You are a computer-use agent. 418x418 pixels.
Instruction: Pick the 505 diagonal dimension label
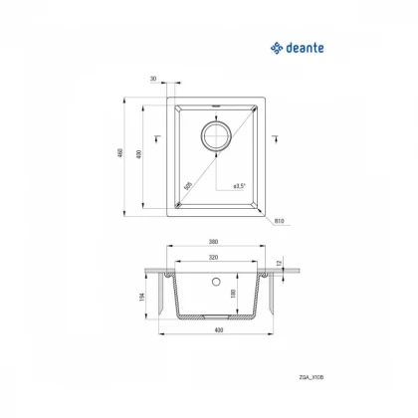point(188,185)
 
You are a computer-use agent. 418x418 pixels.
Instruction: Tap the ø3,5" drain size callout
point(238,185)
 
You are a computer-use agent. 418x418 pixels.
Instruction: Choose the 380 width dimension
point(214,241)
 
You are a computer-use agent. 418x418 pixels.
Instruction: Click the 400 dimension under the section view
point(214,330)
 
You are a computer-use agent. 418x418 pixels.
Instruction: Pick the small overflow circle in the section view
point(214,282)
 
